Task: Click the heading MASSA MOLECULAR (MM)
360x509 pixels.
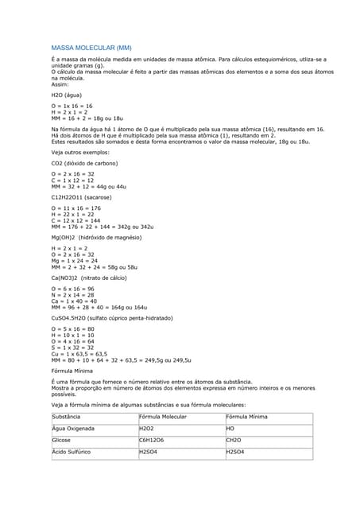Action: [x=85, y=48]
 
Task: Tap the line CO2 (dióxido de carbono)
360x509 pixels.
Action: [x=84, y=163]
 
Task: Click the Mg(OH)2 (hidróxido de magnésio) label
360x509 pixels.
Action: [x=96, y=238]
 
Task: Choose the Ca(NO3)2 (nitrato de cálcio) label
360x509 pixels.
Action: [x=87, y=278]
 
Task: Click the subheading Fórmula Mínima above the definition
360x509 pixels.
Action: [x=72, y=371]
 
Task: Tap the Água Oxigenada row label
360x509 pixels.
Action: [x=73, y=429]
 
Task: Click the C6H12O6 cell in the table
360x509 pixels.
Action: [x=151, y=440]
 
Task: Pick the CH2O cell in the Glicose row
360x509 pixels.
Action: [x=233, y=440]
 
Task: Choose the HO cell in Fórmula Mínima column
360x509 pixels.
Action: [x=230, y=429]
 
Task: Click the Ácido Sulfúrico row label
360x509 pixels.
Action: [x=71, y=452]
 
